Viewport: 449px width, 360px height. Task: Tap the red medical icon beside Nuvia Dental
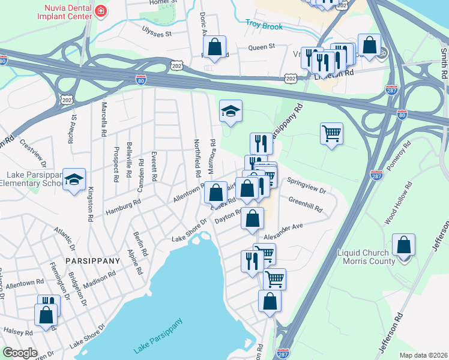pos(100,10)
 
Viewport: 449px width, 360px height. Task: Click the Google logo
pos(20,353)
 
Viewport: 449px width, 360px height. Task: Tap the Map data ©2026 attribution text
pos(423,355)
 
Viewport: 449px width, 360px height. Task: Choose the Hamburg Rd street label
pos(123,208)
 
